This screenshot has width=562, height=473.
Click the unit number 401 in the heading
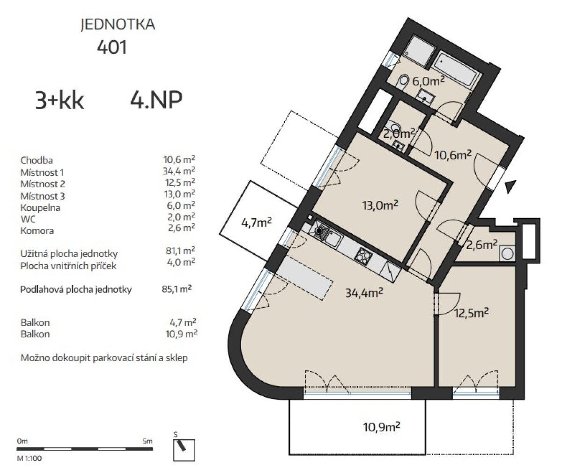point(112,48)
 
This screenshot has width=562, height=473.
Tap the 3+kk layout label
point(59,100)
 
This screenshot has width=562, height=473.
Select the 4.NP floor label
point(156,100)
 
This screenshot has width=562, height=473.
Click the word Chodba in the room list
point(37,161)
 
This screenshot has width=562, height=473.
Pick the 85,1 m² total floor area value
point(177,289)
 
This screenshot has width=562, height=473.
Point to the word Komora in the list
point(37,231)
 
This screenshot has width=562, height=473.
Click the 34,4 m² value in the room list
point(179,171)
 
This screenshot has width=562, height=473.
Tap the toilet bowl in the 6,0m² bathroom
point(403,82)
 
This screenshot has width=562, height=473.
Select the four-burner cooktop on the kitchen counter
point(363,255)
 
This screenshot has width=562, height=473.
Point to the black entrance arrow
point(510,186)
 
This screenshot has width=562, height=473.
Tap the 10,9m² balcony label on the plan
point(382,427)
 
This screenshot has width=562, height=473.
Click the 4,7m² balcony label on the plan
point(257,222)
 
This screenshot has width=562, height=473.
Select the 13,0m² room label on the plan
point(380,206)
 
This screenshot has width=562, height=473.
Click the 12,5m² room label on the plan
point(472,313)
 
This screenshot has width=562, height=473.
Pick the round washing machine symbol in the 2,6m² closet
point(507,254)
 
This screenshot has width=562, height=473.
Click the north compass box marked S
point(184,450)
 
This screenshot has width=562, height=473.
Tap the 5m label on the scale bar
point(148,441)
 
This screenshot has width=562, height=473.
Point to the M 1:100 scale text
point(30,458)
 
